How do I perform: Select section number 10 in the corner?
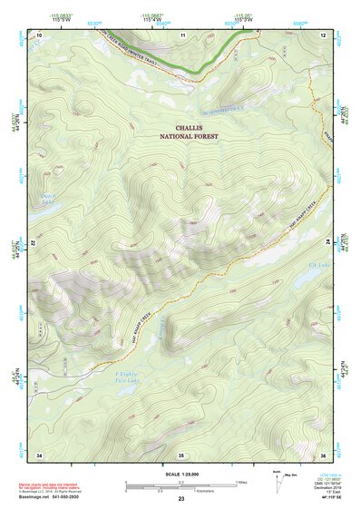[x=39, y=34]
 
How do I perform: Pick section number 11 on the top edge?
[x=181, y=34]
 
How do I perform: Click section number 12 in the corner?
[x=323, y=34]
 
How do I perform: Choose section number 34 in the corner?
[x=39, y=454]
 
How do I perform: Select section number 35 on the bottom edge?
[x=181, y=454]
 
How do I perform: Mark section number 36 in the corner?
[x=323, y=454]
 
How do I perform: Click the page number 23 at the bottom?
[x=181, y=500]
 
